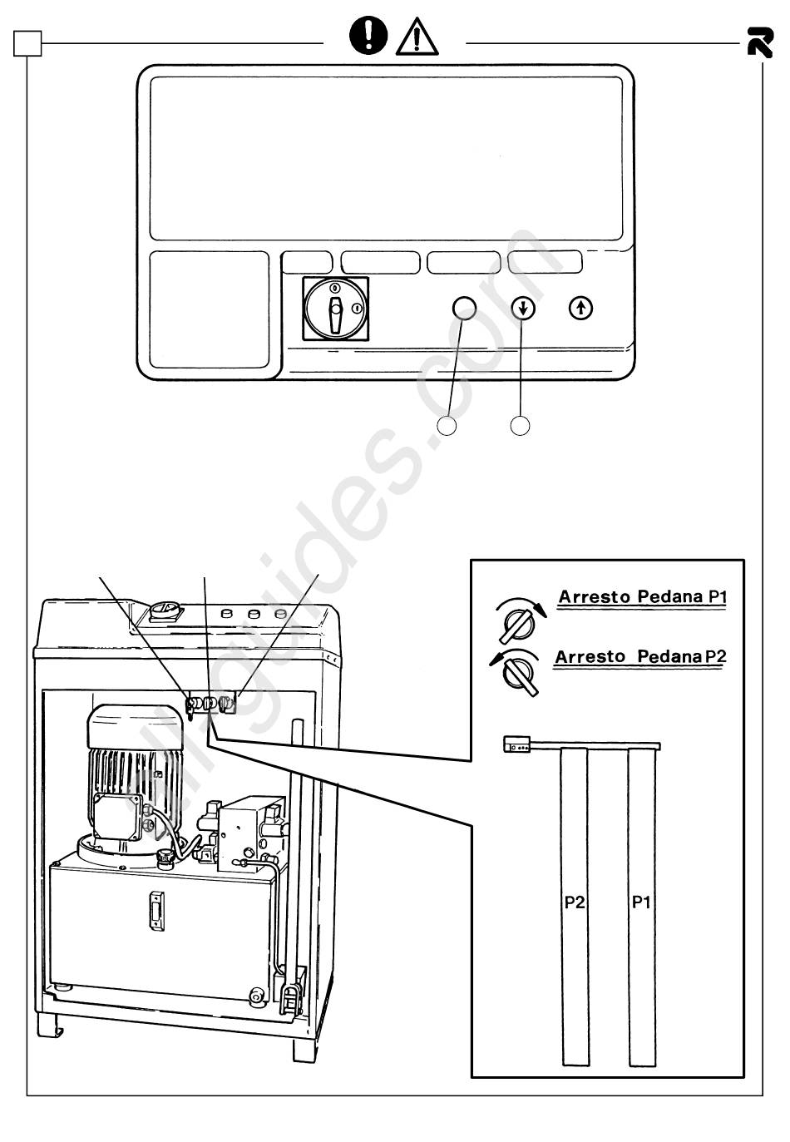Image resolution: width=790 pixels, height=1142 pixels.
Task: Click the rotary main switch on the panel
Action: click(335, 309)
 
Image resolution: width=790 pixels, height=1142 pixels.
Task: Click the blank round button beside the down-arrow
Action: click(464, 308)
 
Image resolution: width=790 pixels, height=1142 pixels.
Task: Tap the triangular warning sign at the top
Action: click(417, 37)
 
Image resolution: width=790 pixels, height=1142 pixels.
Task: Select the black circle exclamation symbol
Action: click(368, 34)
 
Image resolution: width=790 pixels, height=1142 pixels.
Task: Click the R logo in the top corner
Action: click(760, 42)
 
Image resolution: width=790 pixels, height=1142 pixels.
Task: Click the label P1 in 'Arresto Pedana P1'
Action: click(718, 596)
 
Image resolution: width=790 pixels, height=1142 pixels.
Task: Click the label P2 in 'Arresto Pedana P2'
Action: click(716, 656)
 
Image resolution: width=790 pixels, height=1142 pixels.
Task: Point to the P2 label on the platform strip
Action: click(575, 902)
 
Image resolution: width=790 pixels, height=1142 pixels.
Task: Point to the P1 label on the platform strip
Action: click(641, 902)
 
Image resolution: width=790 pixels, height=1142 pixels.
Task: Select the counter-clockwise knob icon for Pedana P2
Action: click(516, 673)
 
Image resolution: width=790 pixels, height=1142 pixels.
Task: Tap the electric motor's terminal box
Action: click(116, 817)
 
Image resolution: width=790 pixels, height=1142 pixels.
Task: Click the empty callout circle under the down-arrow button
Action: click(520, 426)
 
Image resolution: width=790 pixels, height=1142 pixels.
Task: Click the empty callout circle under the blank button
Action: click(447, 426)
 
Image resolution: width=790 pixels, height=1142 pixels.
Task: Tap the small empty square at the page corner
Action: click(27, 42)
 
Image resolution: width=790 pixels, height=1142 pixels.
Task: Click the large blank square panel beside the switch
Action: click(209, 309)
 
